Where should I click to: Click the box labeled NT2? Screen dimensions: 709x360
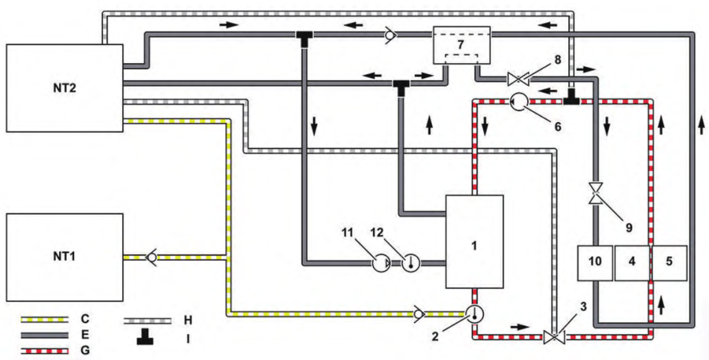64,88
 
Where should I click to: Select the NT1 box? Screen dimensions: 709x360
64,257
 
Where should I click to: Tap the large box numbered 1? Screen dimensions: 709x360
475,242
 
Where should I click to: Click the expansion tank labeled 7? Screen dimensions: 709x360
462,45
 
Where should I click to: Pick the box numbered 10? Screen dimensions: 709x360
595,263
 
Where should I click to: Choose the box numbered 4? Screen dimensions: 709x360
632,263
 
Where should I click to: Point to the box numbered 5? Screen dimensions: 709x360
669,263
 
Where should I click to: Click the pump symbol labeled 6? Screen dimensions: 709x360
518,102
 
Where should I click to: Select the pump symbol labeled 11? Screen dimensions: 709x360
381,263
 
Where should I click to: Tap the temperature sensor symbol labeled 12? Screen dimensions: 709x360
411,263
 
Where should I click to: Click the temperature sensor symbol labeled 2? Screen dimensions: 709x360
475,313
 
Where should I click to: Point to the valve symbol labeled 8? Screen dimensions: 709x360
518,80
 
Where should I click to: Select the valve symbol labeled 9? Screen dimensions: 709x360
596,193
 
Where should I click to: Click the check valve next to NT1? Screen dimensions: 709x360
151,257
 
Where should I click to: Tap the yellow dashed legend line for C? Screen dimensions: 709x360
45,320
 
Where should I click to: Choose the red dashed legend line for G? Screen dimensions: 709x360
45,351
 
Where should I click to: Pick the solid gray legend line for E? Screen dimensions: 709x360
45,335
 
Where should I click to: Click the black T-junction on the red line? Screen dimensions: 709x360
572,99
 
